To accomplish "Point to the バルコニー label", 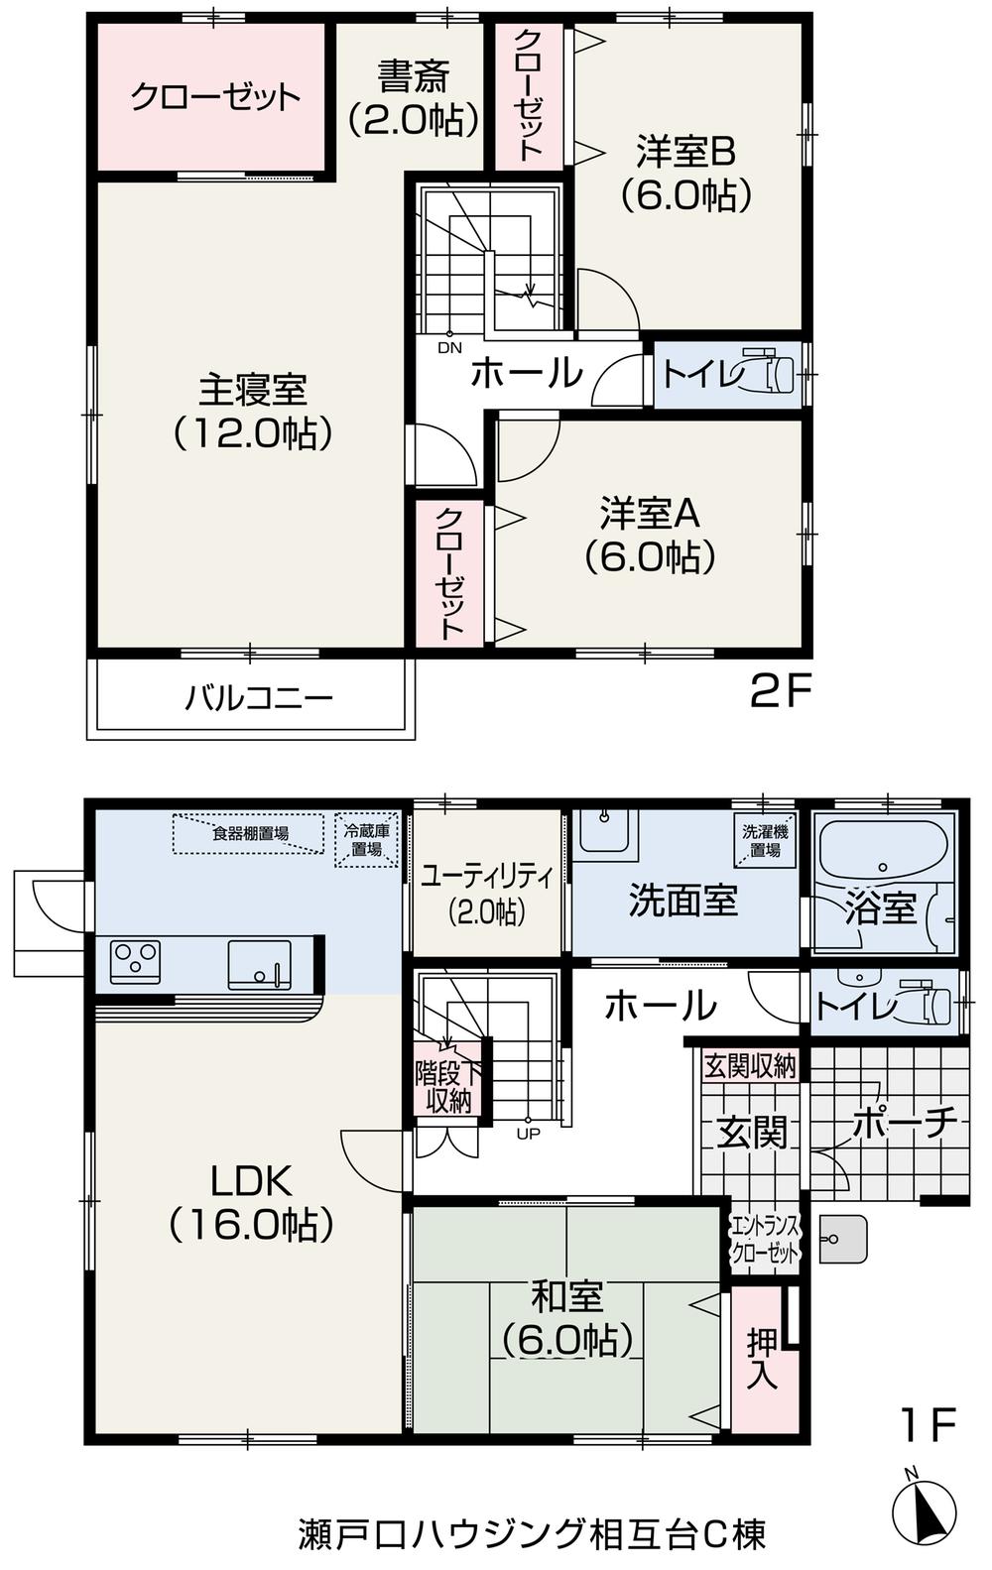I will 258,698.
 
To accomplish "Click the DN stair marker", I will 449,348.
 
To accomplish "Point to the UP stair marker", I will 528,1133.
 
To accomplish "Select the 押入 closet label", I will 762,1358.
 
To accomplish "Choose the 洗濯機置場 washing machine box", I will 765,840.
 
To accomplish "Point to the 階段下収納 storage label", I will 447,1088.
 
